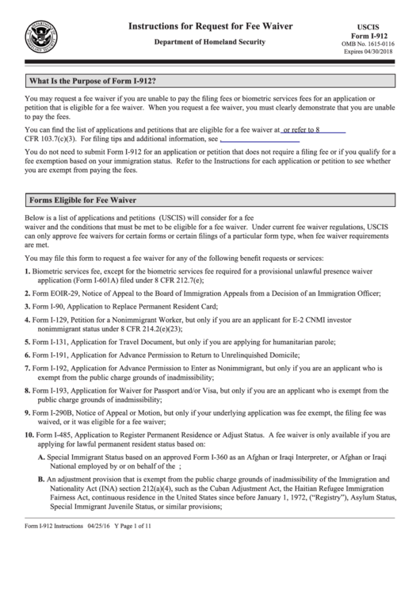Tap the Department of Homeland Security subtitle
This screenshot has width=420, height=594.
(x=210, y=41)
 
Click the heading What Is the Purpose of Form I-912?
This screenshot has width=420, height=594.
(x=92, y=82)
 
